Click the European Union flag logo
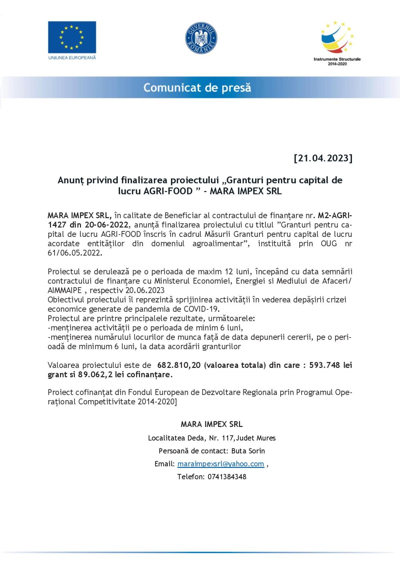point(72,37)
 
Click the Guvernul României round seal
point(201,38)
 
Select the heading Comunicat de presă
point(197,88)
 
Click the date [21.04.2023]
point(323,158)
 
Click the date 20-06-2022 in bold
point(106,225)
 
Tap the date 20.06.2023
point(145,290)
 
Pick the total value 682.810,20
point(179,365)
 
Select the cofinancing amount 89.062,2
point(95,375)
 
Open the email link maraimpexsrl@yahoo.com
point(221,464)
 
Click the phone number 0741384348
point(227,477)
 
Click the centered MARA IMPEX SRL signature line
point(212,424)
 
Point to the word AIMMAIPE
point(65,290)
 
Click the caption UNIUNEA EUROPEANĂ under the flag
point(72,58)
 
